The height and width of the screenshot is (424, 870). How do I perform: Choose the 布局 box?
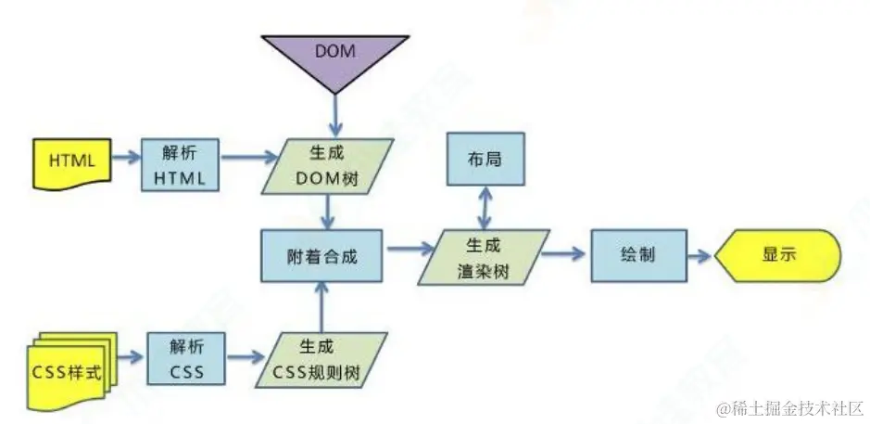[x=485, y=160]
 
